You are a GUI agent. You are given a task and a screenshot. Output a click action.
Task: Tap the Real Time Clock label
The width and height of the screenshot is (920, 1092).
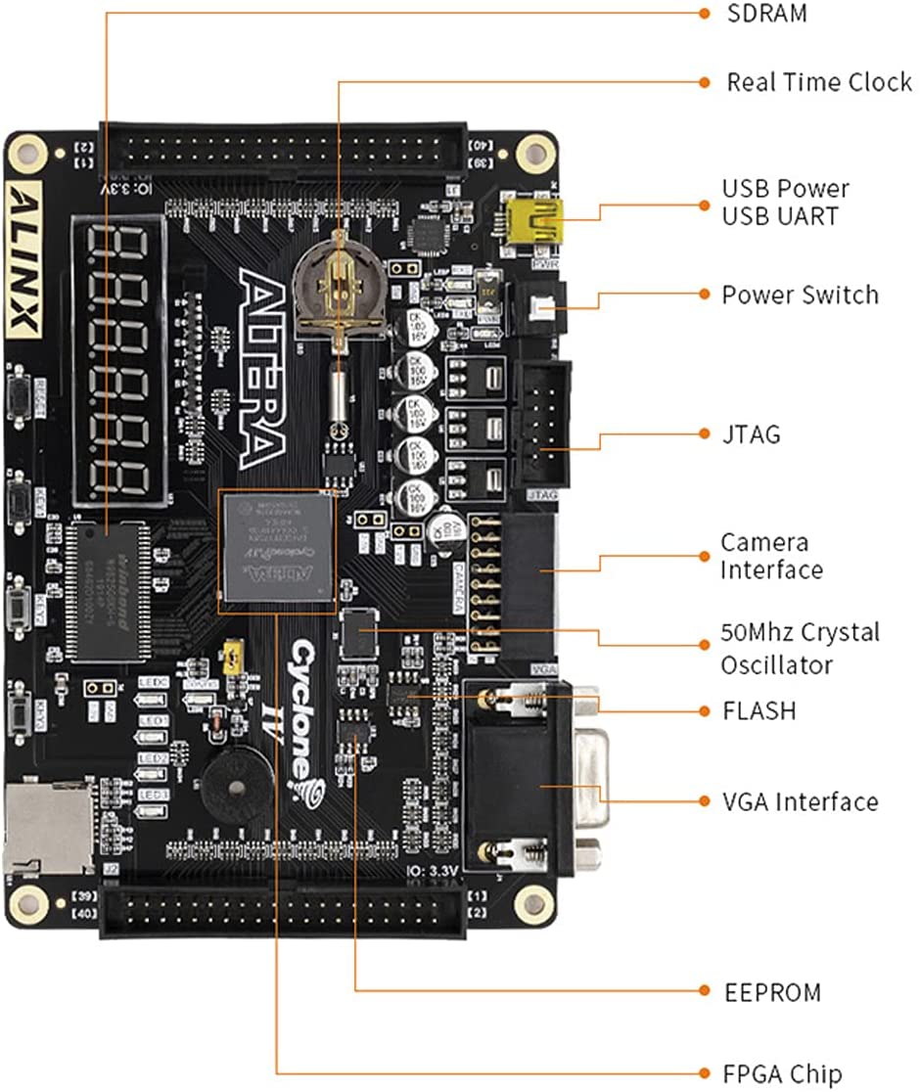818,82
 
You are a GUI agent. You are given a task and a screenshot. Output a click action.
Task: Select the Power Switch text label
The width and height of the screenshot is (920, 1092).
800,295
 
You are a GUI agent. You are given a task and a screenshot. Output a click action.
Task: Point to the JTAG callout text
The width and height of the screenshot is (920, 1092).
751,433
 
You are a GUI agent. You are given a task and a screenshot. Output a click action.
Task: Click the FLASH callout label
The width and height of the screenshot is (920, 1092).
759,710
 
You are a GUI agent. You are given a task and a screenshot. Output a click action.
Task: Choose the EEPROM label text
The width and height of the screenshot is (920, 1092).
772,992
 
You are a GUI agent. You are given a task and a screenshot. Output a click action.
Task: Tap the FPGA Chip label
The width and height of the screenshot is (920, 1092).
783,1072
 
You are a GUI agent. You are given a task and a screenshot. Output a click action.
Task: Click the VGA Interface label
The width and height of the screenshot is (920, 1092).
800,801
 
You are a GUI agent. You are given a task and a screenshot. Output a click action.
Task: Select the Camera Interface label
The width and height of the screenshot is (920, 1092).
771,556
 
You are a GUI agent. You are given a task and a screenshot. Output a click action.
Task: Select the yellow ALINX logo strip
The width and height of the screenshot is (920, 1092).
24,258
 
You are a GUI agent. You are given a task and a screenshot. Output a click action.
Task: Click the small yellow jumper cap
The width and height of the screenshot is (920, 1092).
233,658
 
